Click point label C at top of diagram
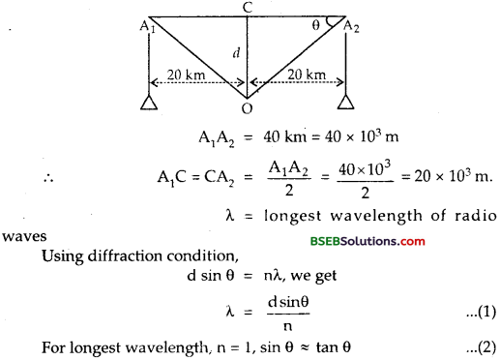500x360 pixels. (x=250, y=8)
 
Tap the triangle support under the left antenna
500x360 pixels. (x=147, y=104)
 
